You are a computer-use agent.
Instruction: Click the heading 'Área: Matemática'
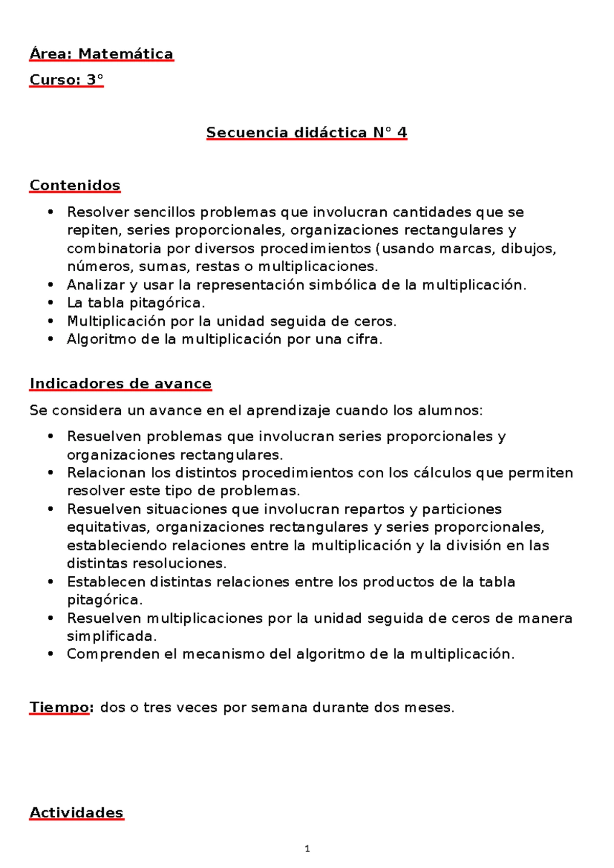(x=101, y=54)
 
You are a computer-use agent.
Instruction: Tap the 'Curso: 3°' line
(x=67, y=80)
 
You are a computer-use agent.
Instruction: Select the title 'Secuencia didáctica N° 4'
(x=306, y=133)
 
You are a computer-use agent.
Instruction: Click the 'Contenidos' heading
(x=75, y=185)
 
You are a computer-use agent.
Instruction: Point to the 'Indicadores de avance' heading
(x=120, y=383)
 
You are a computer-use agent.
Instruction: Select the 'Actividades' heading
(x=76, y=812)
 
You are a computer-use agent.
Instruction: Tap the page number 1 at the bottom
(x=307, y=849)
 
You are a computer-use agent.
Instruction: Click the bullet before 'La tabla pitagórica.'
(x=50, y=303)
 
